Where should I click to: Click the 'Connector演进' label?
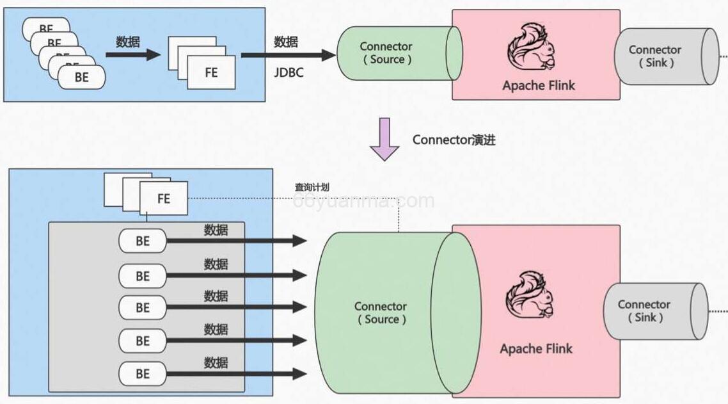point(454,140)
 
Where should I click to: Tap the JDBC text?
point(289,72)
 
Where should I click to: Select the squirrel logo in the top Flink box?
point(531,47)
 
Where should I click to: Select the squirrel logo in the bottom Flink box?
point(530,296)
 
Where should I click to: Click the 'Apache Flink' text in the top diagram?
point(539,86)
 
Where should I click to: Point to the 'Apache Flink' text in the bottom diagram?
point(536,349)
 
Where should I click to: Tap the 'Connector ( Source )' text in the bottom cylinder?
point(381,313)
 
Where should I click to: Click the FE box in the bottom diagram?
point(164,198)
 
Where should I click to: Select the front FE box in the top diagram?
point(211,72)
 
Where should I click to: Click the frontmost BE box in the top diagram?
point(82,77)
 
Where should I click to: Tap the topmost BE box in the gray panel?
point(143,241)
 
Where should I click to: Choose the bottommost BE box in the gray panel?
point(143,374)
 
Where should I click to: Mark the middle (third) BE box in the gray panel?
point(143,308)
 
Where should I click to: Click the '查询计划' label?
point(312,188)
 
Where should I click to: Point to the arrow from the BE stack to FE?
point(132,55)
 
